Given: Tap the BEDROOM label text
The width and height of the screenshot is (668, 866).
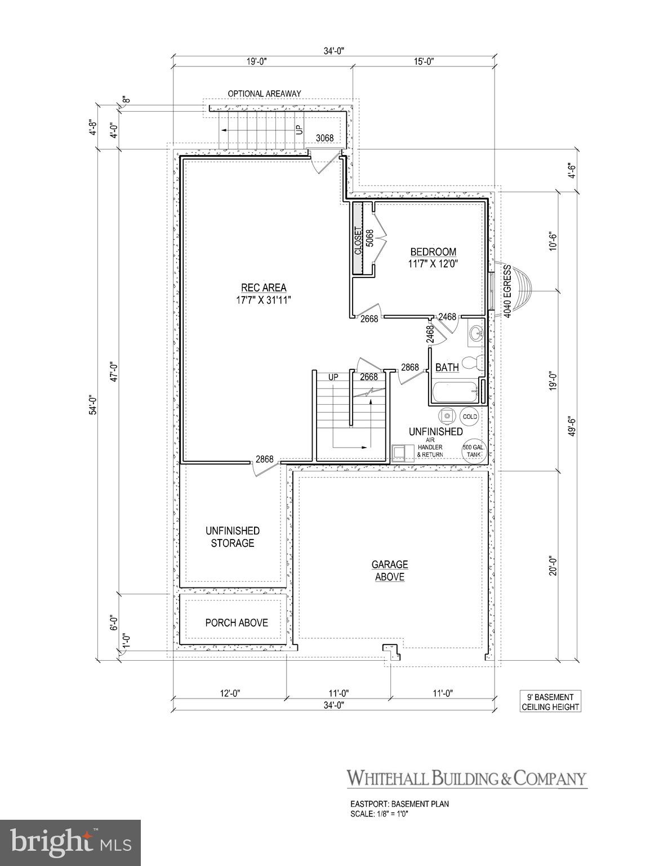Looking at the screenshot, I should [x=433, y=252].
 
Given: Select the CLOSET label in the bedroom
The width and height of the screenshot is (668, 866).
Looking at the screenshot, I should [x=358, y=241].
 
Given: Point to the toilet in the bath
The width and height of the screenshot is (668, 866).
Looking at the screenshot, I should [x=470, y=362].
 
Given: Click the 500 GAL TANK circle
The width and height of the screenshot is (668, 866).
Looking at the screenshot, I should [x=471, y=452].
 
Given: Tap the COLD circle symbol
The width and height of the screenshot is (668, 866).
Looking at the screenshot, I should [x=469, y=417].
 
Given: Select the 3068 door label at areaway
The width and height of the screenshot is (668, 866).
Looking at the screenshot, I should [x=324, y=138].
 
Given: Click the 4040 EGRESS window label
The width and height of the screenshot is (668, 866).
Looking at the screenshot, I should [x=507, y=291].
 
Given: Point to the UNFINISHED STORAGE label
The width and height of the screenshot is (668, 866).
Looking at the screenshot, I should [x=233, y=537].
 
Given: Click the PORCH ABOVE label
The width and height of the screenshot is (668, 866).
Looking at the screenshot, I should [x=236, y=623].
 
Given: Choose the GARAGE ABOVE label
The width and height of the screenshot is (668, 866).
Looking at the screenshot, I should [x=389, y=571].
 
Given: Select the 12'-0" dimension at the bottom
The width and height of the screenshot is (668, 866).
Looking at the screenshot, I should [x=229, y=693].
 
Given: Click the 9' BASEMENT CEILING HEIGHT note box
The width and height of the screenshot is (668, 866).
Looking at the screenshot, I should [x=550, y=702].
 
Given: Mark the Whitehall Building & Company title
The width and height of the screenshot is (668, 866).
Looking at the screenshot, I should [x=466, y=778].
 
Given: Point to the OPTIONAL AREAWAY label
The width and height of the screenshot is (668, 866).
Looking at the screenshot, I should [x=264, y=94].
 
